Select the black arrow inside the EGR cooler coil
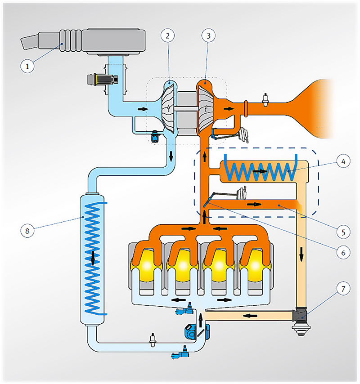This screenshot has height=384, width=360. click(260, 171)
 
